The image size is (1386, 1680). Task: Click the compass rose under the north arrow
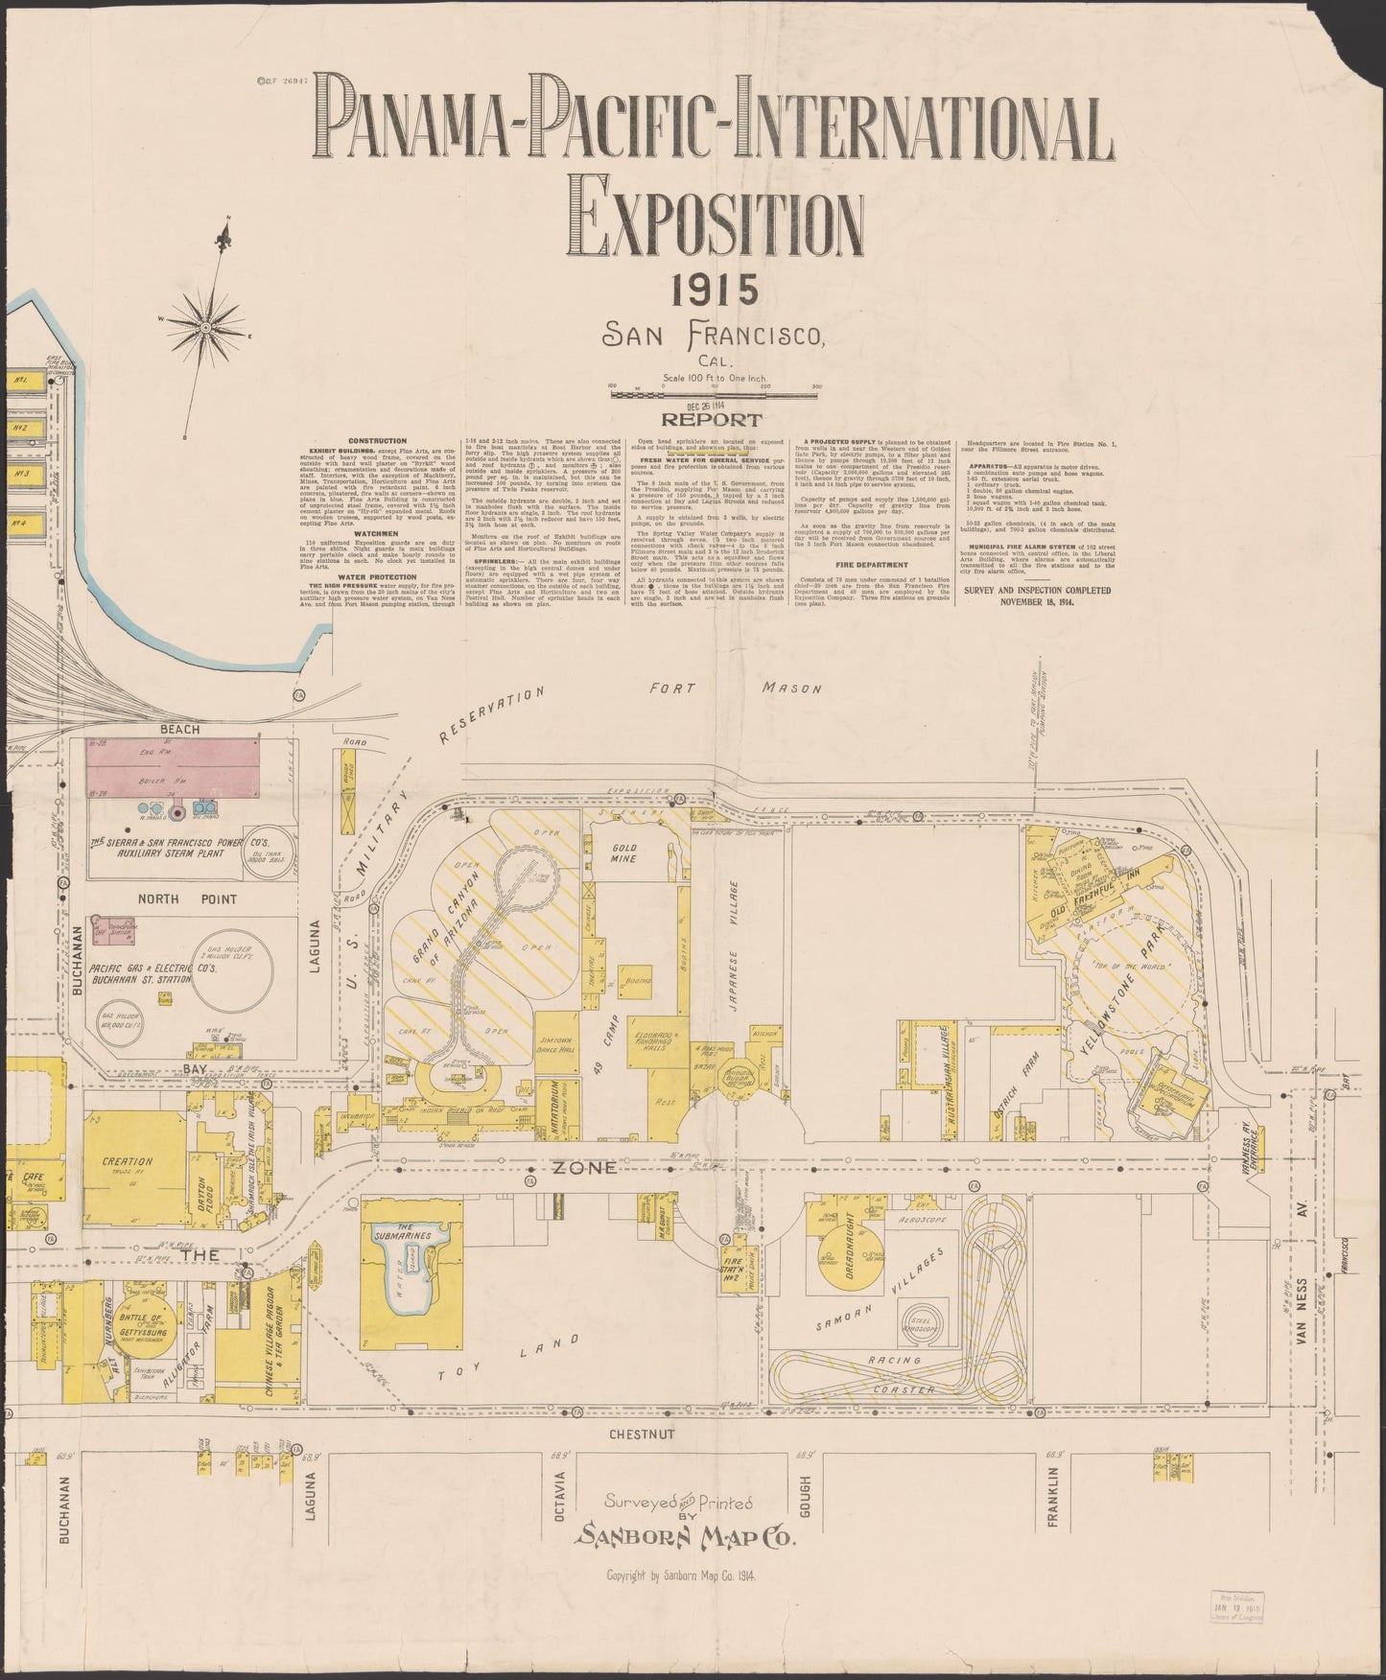[x=205, y=328]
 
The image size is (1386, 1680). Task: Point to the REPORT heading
[x=711, y=420]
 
